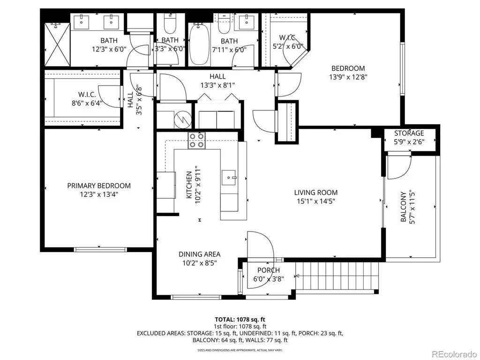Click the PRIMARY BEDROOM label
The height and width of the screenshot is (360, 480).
pos(99,186)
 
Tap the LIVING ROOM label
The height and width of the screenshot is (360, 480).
pos(316,193)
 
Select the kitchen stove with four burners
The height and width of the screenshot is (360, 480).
pos(196,141)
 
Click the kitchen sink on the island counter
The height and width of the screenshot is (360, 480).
pos(229,178)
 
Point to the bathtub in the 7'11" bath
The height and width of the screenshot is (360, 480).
pos(199,44)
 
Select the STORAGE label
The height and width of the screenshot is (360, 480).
pos(409,134)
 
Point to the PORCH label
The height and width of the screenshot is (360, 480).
pos(269,270)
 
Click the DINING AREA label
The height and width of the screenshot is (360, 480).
pos(200,255)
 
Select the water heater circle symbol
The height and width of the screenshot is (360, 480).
pos(182,119)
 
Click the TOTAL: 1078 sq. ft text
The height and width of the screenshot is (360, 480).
pos(240,320)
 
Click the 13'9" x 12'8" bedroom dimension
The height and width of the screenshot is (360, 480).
pos(348,77)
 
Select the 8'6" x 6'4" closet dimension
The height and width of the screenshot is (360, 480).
pos(87,103)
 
